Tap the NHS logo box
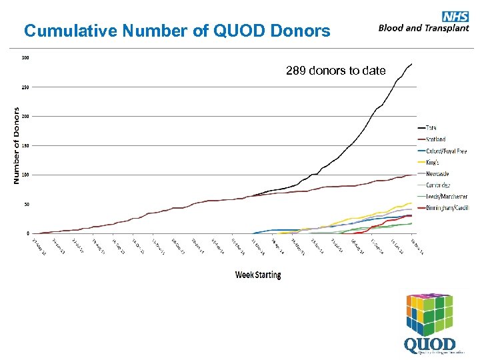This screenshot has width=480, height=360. [455, 17]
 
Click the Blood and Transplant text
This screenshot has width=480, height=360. [423, 28]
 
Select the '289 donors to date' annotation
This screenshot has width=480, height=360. [335, 70]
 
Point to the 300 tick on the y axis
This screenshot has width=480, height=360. [25, 58]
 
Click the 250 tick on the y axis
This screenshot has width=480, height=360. [25, 87]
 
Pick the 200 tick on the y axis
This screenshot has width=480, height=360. [25, 117]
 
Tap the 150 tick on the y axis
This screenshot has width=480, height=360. [25, 146]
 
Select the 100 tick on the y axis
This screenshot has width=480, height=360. [25, 175]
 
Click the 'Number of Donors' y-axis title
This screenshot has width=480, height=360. [15, 146]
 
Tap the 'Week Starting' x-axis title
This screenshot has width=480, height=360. [258, 275]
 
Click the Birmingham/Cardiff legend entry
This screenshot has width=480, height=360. [447, 207]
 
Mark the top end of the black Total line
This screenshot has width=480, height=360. [412, 64]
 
